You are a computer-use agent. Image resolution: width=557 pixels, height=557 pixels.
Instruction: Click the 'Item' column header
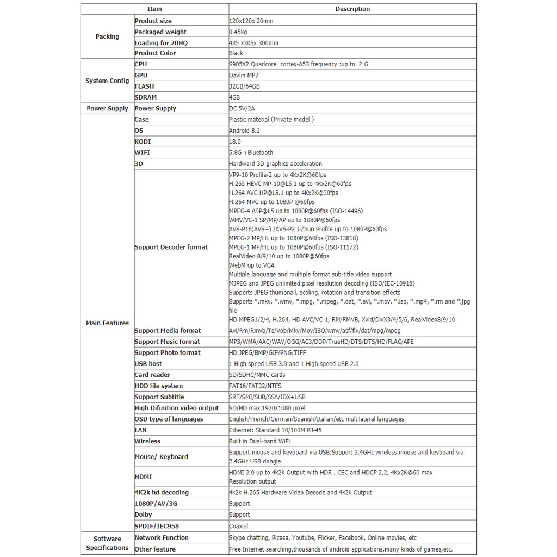pyautogui.click(x=154, y=9)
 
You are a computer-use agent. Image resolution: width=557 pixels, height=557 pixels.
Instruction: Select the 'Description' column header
pyautogui.click(x=352, y=9)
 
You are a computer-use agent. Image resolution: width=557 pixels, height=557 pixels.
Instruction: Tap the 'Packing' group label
pyautogui.click(x=107, y=36)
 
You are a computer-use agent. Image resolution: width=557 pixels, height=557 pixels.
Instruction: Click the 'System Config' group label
pyautogui.click(x=107, y=81)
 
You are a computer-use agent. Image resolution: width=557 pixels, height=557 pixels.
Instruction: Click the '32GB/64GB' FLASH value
pyautogui.click(x=244, y=86)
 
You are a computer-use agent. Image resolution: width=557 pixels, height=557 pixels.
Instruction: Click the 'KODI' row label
pyautogui.click(x=143, y=141)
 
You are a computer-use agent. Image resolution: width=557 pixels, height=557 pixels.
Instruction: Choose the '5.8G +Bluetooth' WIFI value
pyautogui.click(x=251, y=153)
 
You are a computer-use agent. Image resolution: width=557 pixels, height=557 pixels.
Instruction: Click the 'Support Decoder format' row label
pyautogui.click(x=171, y=247)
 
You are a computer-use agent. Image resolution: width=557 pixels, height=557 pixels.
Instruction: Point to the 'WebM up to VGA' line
pyautogui.click(x=252, y=265)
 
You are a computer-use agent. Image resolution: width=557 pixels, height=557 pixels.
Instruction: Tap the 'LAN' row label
pyautogui.click(x=141, y=430)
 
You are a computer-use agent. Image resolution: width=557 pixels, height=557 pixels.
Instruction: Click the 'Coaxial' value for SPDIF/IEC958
pyautogui.click(x=239, y=526)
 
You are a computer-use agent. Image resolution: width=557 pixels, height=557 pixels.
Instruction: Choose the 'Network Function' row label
pyautogui.click(x=162, y=537)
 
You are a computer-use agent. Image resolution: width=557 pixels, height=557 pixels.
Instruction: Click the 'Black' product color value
pyautogui.click(x=237, y=53)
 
